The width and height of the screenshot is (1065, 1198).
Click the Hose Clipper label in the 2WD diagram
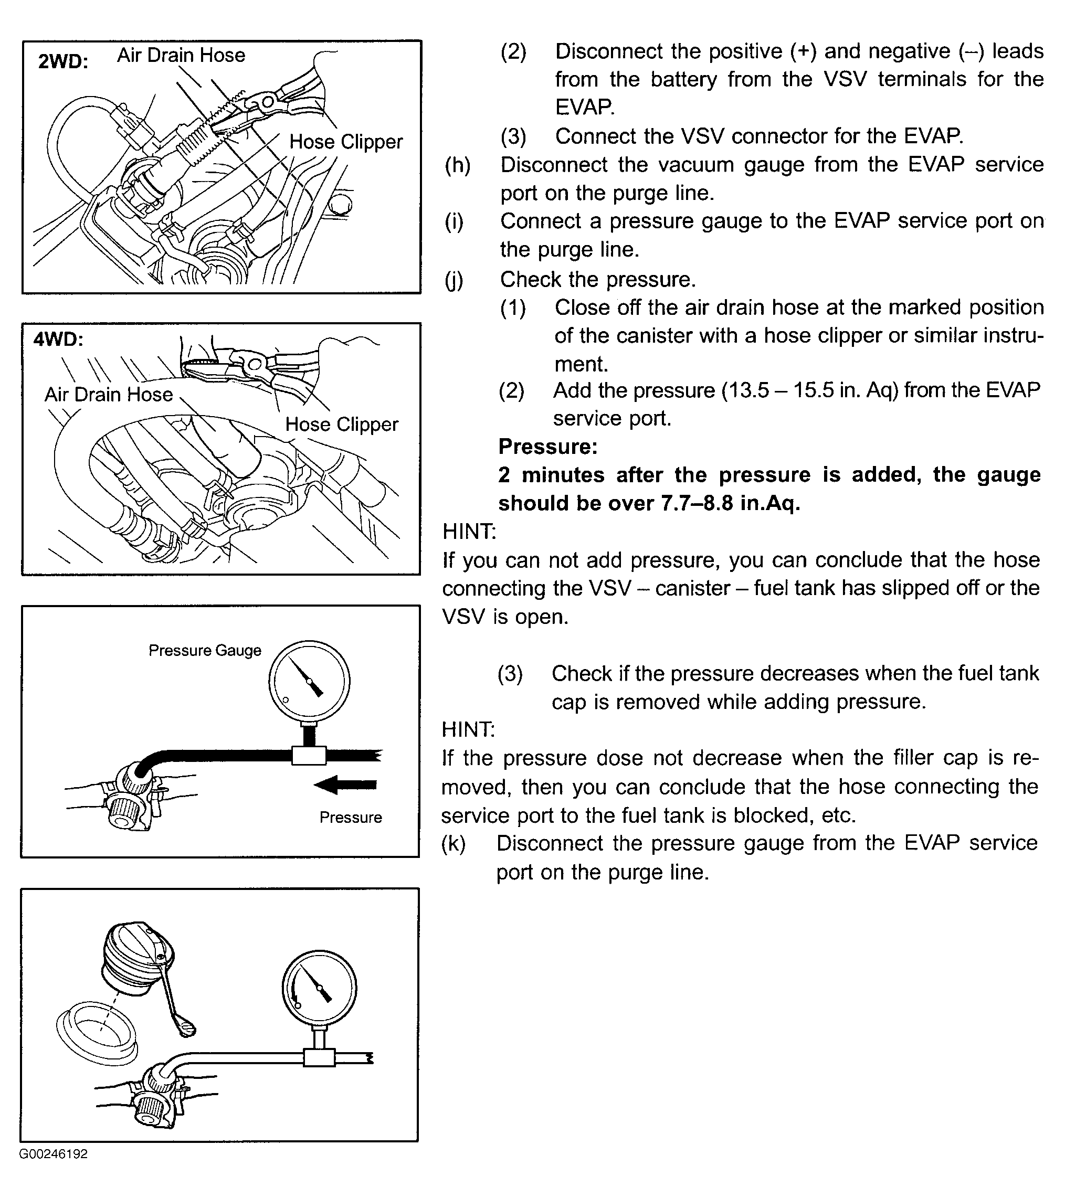coord(346,142)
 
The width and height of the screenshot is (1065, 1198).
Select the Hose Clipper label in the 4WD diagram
coord(342,425)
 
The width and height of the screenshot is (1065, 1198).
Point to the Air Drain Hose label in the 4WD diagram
coord(109,395)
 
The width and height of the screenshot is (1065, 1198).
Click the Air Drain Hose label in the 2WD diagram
coord(181,55)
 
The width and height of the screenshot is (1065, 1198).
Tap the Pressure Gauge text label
coord(205,651)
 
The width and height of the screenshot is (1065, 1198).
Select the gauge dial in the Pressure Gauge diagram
coord(310,681)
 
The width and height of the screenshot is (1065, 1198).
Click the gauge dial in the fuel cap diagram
coord(320,987)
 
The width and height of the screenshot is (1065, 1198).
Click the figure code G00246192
coord(54,1154)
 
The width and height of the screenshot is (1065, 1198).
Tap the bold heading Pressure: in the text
coord(548,447)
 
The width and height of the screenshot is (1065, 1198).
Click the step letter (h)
coord(458,165)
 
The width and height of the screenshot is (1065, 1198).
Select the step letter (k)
coord(454,843)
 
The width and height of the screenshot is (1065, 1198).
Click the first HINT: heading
coord(469,532)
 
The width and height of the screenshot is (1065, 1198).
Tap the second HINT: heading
coord(468,730)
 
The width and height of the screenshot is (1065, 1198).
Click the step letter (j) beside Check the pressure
coord(454,280)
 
